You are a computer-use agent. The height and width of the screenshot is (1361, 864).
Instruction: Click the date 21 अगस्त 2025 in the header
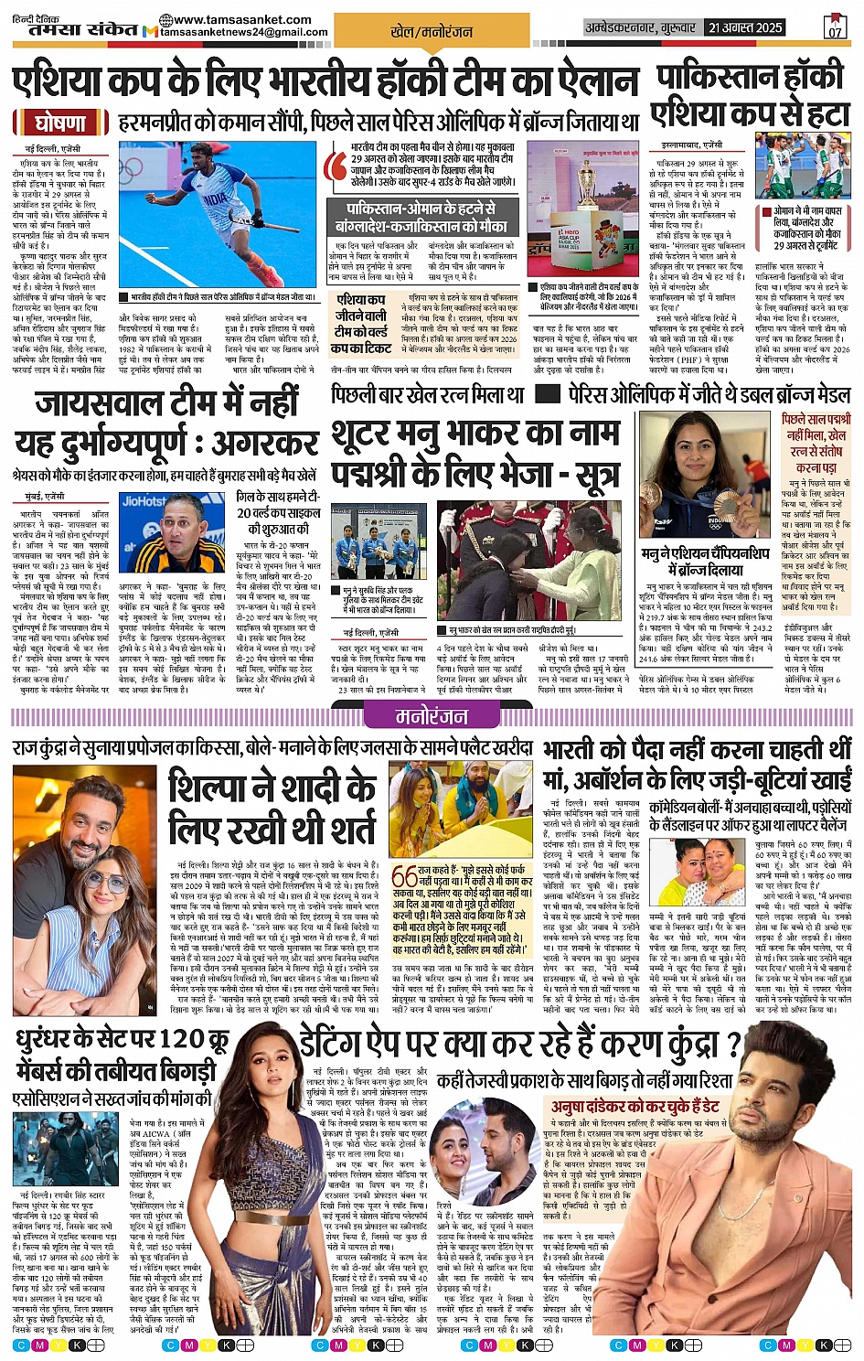[746, 28]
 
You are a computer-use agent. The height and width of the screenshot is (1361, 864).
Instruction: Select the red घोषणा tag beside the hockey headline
[60, 123]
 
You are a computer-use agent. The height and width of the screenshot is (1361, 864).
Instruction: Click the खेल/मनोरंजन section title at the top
[432, 32]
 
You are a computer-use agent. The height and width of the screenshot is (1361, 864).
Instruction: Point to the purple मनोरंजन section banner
[431, 716]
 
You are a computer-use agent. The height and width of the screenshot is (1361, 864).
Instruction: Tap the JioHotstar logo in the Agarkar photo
[144, 501]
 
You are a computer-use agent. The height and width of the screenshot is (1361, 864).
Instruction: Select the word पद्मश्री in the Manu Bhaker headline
[372, 476]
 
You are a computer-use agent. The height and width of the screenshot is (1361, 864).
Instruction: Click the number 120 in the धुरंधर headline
[180, 1039]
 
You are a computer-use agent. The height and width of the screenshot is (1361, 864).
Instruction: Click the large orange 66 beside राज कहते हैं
[404, 875]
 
